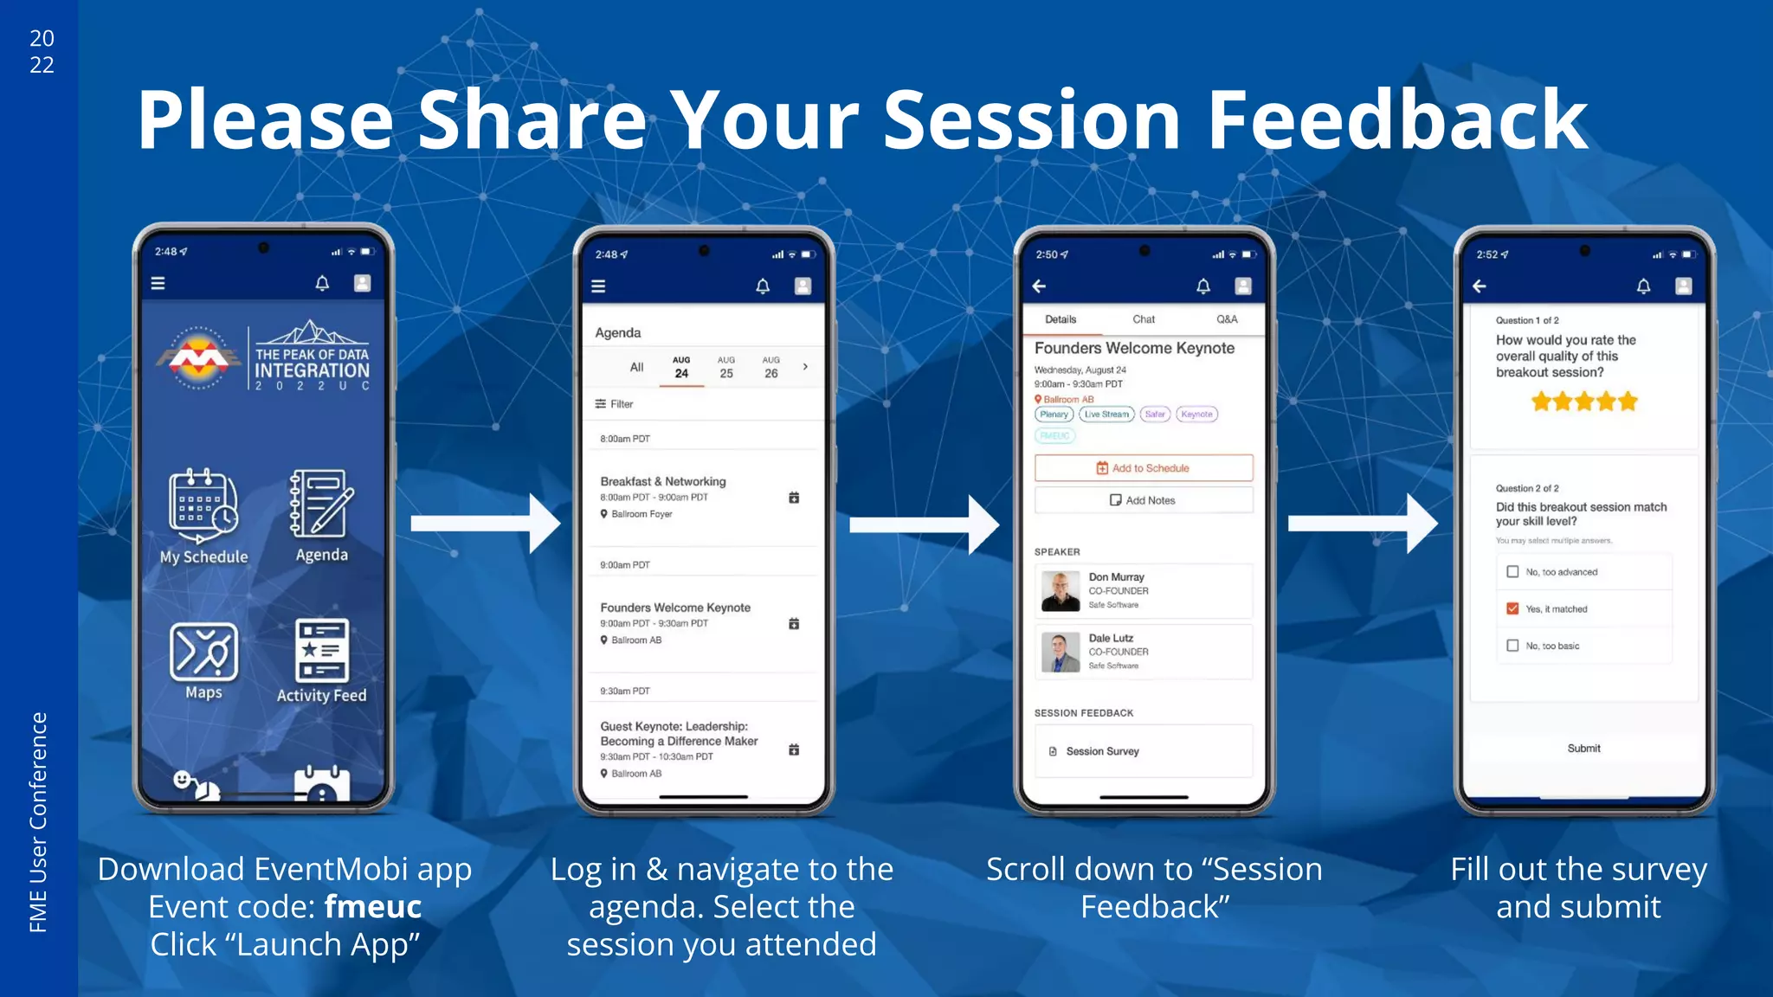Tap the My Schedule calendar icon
(x=203, y=505)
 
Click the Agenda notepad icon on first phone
(x=321, y=504)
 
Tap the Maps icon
(x=203, y=651)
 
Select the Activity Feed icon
(x=321, y=651)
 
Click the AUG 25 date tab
(x=725, y=367)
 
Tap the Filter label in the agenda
(x=621, y=404)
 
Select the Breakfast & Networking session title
(x=663, y=481)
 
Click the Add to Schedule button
(x=1143, y=468)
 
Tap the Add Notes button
(x=1143, y=500)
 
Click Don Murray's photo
(x=1061, y=591)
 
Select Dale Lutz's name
(x=1111, y=638)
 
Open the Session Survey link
(x=1102, y=751)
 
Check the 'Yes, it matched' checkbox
(x=1512, y=608)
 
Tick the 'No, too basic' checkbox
(x=1512, y=646)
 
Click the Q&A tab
(x=1227, y=319)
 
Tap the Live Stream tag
(x=1106, y=415)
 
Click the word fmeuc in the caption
(x=372, y=907)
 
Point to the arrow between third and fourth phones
(x=1362, y=524)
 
